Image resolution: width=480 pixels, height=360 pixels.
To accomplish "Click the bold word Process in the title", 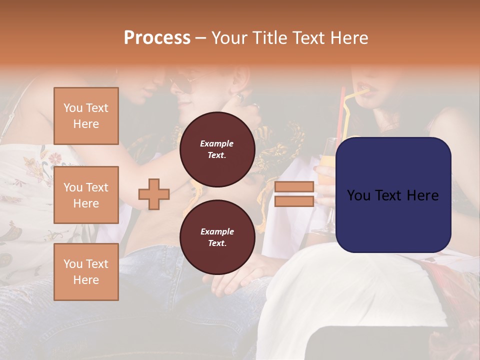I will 157,38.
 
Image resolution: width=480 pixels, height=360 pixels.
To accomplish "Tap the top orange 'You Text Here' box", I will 86,116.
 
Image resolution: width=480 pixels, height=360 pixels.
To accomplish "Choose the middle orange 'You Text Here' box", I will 86,195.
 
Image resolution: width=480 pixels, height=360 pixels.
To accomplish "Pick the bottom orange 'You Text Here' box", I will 86,272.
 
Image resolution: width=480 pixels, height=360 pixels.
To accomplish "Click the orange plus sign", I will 154,194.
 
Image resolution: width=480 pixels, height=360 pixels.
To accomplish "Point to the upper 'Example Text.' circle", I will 217,149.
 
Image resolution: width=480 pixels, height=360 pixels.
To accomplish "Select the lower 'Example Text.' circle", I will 217,237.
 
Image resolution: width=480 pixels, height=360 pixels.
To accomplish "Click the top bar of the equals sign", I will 294,187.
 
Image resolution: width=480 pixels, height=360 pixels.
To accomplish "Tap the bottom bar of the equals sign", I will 294,201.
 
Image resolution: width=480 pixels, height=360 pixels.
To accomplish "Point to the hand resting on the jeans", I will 235,280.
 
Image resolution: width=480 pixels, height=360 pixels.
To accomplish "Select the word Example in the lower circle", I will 217,231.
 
